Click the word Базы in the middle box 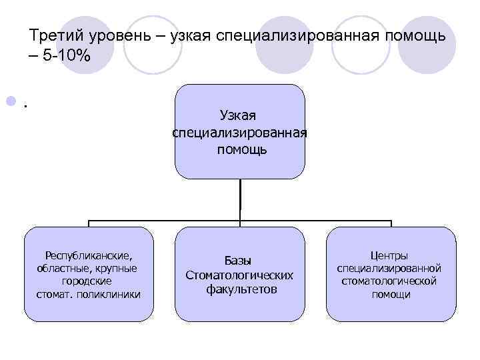coord(238,261)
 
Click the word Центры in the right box coord(389,255)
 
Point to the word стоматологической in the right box coord(389,281)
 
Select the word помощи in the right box coord(391,294)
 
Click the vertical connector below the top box coord(240,199)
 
